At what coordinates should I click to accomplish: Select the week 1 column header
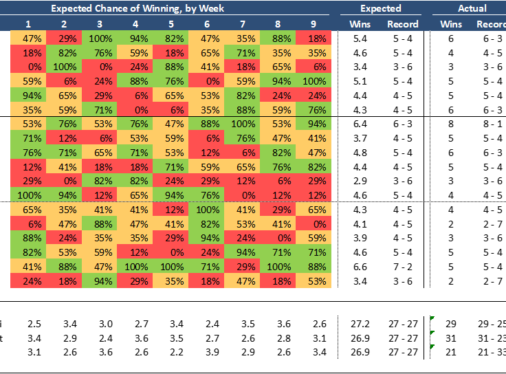pos(28,24)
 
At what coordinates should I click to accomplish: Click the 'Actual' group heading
pos(472,8)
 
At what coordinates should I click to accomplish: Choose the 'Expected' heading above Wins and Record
pos(380,8)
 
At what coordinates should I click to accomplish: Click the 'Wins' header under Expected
pos(359,24)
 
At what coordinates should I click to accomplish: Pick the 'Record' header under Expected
pos(402,24)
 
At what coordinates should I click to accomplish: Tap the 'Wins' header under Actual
pos(451,24)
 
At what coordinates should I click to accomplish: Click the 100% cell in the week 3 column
pos(100,38)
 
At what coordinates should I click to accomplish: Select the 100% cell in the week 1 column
pos(28,194)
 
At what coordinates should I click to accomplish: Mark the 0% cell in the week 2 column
pos(64,180)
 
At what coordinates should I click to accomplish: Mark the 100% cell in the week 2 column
pos(64,66)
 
